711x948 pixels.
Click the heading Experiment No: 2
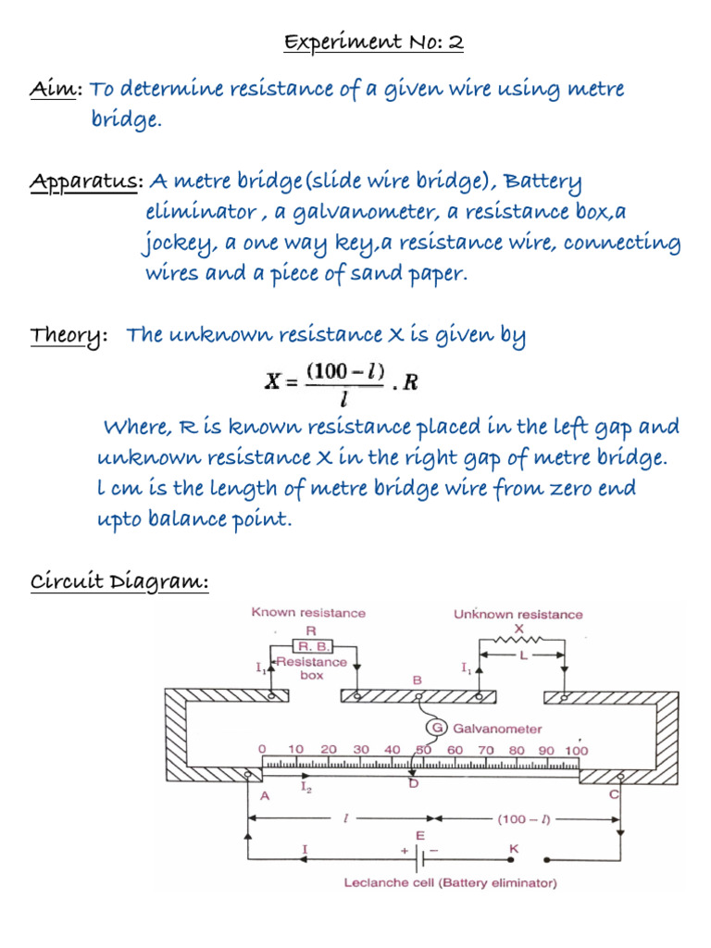tap(387, 43)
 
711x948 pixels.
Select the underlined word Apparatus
tap(81, 181)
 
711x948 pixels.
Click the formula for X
tap(342, 381)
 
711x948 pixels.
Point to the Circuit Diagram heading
tap(118, 582)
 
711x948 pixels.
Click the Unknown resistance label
tap(518, 614)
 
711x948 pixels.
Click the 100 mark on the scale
tap(575, 749)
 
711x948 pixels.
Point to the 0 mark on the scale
tap(262, 749)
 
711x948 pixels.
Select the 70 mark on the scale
tap(486, 749)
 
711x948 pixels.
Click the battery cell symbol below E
tap(418, 856)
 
